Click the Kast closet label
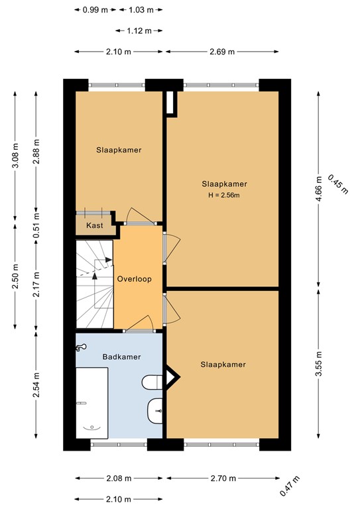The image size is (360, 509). [94, 225]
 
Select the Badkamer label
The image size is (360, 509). [121, 357]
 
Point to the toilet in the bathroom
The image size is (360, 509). [152, 382]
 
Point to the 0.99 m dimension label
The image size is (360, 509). [95, 9]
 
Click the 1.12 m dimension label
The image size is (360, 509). [138, 30]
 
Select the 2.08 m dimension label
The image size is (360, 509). [119, 478]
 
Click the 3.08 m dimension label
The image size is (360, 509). [15, 156]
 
